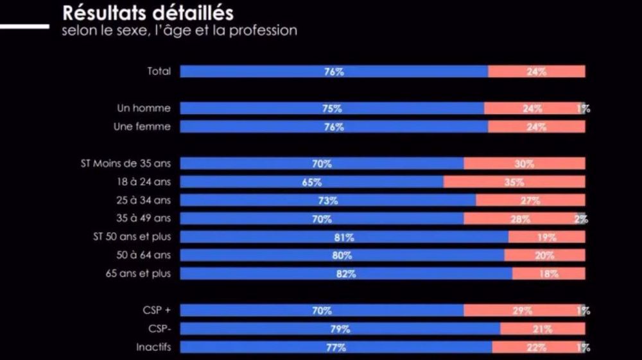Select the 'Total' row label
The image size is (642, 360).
(159, 71)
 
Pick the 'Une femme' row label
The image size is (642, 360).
(142, 126)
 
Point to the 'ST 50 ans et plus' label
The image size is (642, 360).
(132, 237)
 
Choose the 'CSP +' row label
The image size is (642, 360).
(157, 311)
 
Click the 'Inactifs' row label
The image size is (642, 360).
(153, 347)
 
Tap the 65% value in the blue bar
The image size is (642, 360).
(311, 182)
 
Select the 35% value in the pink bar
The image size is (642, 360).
(514, 182)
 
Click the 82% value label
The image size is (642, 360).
(346, 274)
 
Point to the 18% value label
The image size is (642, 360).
(548, 274)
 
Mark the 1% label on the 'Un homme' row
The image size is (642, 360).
(583, 108)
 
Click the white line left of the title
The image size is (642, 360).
(24, 26)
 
